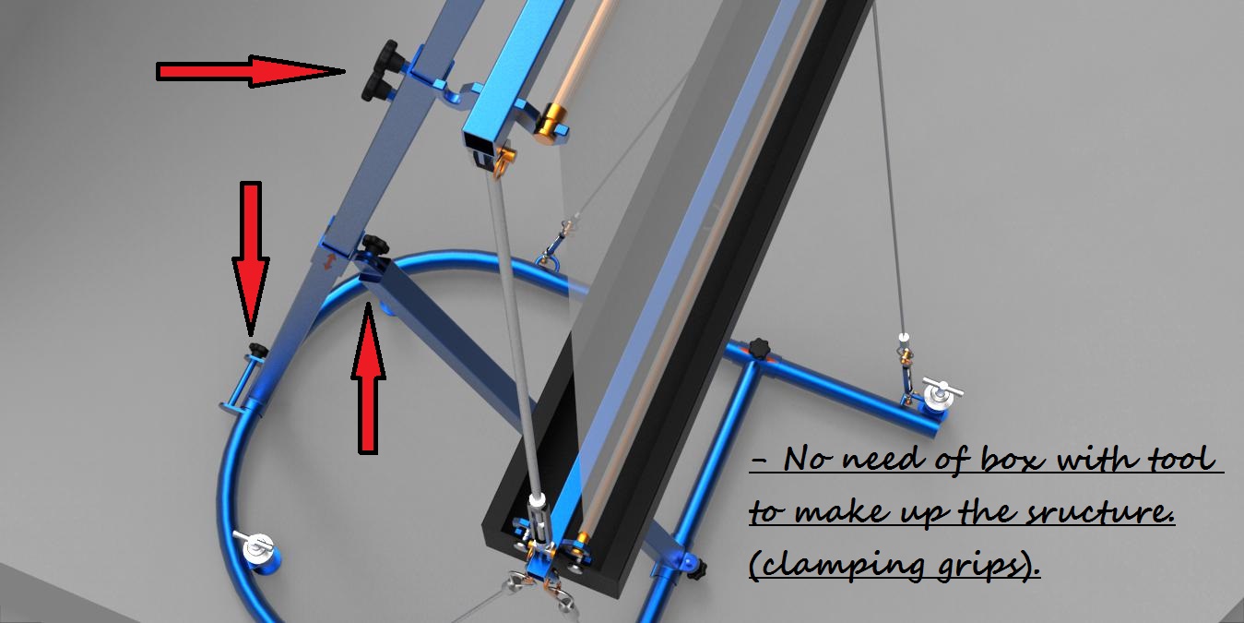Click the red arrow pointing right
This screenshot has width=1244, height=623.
pyautogui.click(x=249, y=71)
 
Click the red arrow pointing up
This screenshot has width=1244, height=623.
pyautogui.click(x=368, y=378)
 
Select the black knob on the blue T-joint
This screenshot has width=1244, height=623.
pyautogui.click(x=759, y=349)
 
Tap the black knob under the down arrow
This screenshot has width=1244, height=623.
pyautogui.click(x=257, y=349)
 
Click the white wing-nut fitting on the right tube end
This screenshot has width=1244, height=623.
pyautogui.click(x=941, y=395)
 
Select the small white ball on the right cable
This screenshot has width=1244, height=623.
pyautogui.click(x=903, y=336)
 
